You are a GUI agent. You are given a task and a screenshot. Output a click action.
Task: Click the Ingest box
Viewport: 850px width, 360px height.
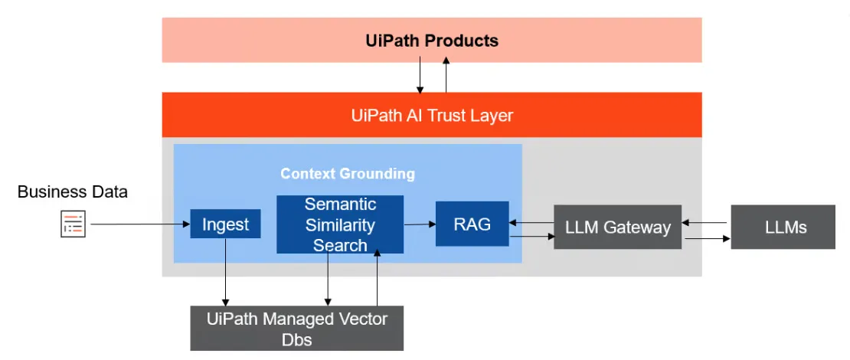coord(225,224)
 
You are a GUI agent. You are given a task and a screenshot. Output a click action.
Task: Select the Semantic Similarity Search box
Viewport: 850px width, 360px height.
coord(340,224)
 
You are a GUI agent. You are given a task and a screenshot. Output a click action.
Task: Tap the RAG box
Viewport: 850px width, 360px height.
coord(472,224)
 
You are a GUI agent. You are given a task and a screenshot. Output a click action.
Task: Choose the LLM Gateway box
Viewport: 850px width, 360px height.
coord(617,227)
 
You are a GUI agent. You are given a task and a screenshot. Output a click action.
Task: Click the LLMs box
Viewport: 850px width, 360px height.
coord(783,227)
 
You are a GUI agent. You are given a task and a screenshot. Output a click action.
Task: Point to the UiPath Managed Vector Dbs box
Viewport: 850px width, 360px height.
coord(296,328)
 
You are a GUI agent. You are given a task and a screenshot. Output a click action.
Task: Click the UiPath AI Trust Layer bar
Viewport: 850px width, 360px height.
coord(432,116)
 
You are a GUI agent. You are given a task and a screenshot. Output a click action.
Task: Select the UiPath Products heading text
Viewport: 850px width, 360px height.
coord(432,41)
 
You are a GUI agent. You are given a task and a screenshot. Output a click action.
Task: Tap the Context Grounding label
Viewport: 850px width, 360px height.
coord(348,173)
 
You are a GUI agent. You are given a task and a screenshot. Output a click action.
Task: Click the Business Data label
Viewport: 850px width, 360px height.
coord(73,191)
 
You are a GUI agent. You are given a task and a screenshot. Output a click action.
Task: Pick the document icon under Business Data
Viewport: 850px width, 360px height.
coord(74,224)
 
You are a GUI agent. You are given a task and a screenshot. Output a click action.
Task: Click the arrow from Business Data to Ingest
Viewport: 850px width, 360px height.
coord(138,224)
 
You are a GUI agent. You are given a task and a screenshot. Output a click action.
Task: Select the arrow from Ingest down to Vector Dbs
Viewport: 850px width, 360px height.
coord(225,272)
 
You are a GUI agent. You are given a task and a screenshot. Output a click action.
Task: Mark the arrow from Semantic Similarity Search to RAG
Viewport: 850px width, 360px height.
coord(420,224)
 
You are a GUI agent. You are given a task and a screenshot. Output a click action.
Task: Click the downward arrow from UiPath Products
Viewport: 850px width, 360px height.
coord(420,77)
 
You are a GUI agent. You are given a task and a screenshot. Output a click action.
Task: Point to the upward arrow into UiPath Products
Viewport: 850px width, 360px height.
coord(446,77)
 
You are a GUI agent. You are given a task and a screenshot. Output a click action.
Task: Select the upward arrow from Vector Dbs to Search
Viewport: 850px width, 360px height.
coord(377,280)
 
